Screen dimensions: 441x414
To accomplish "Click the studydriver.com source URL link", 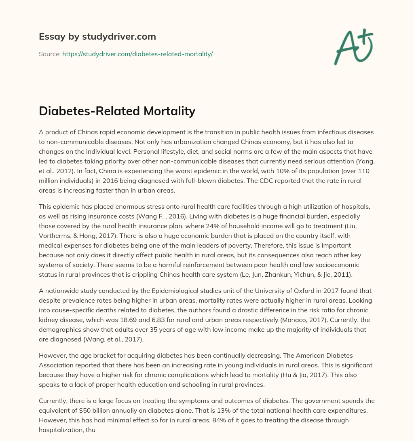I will click(x=137, y=54).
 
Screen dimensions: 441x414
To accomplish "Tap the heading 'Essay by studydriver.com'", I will click(x=97, y=36).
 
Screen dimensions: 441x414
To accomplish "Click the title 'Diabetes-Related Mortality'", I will click(x=117, y=111).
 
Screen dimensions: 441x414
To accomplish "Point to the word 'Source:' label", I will click(x=50, y=54).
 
